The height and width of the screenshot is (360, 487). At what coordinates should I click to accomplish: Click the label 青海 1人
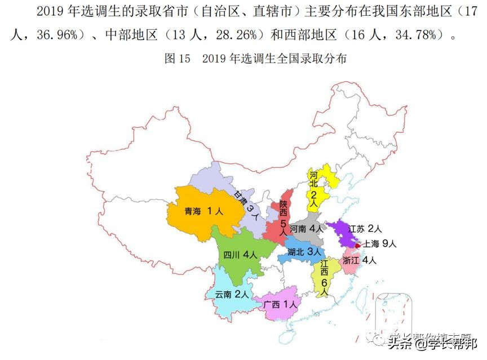tap(203, 212)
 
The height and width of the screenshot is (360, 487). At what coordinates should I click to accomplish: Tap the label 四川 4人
tap(240, 254)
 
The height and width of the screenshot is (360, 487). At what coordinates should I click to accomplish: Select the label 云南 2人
tap(232, 294)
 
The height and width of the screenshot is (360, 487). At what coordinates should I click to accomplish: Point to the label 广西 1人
tap(280, 305)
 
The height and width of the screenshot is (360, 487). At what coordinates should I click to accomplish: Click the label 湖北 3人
tap(304, 252)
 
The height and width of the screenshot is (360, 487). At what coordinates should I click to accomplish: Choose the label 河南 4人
tap(307, 229)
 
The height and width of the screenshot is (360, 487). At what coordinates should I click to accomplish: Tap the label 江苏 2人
tap(365, 229)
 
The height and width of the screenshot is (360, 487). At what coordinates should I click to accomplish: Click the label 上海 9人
tap(380, 244)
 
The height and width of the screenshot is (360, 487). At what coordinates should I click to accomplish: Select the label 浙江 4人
tap(359, 260)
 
